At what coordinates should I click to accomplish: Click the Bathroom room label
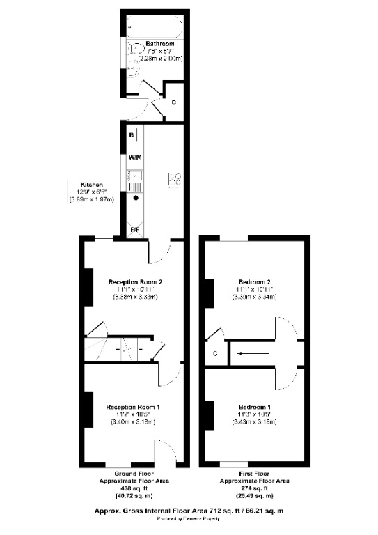[x=159, y=44]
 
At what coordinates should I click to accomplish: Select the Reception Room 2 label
[x=135, y=282]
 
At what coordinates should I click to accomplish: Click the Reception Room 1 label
[x=134, y=407]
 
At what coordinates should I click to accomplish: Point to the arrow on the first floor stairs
[x=244, y=353]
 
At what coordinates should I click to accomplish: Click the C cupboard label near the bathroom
[x=173, y=102]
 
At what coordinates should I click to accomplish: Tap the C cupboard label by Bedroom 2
[x=216, y=353]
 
